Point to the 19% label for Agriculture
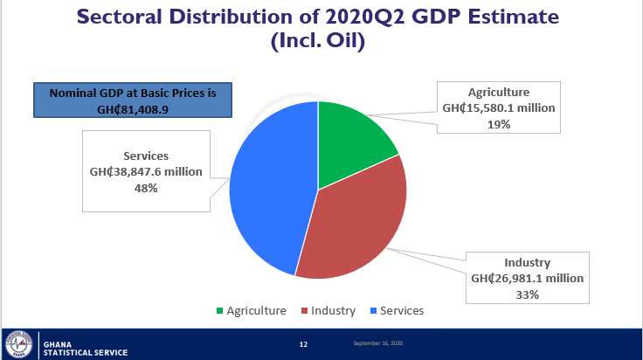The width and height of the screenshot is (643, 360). point(499,124)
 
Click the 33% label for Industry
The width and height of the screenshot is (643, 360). point(527,294)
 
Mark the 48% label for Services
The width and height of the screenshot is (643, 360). point(146,188)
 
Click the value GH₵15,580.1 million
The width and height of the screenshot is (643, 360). point(498,108)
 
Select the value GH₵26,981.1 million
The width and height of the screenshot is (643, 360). point(527,279)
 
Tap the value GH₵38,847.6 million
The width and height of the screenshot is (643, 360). point(146,172)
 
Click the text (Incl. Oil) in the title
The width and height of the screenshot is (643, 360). point(321,42)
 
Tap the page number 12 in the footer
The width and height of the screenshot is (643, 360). point(303,344)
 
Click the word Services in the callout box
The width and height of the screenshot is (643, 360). point(146,156)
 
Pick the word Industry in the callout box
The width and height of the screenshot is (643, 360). point(527,262)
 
